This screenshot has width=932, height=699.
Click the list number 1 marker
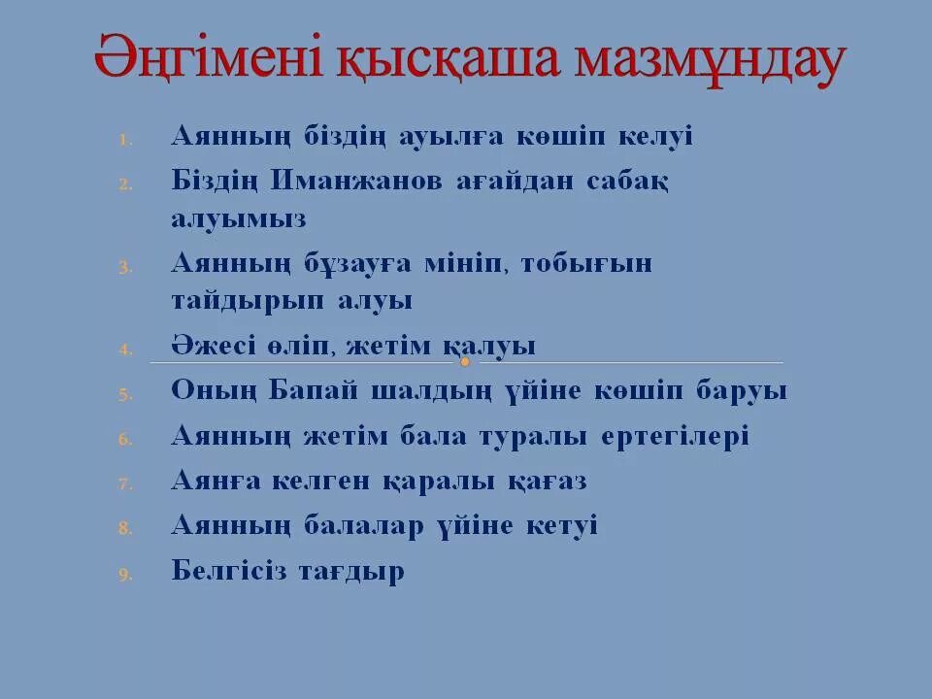(x=124, y=140)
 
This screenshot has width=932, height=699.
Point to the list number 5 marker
(x=124, y=394)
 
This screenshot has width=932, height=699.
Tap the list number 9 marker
(x=124, y=575)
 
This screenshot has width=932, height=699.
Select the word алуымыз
(x=238, y=218)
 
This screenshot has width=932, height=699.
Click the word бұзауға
(x=357, y=263)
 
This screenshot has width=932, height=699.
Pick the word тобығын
(x=586, y=263)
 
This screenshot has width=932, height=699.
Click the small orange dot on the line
(x=465, y=362)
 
